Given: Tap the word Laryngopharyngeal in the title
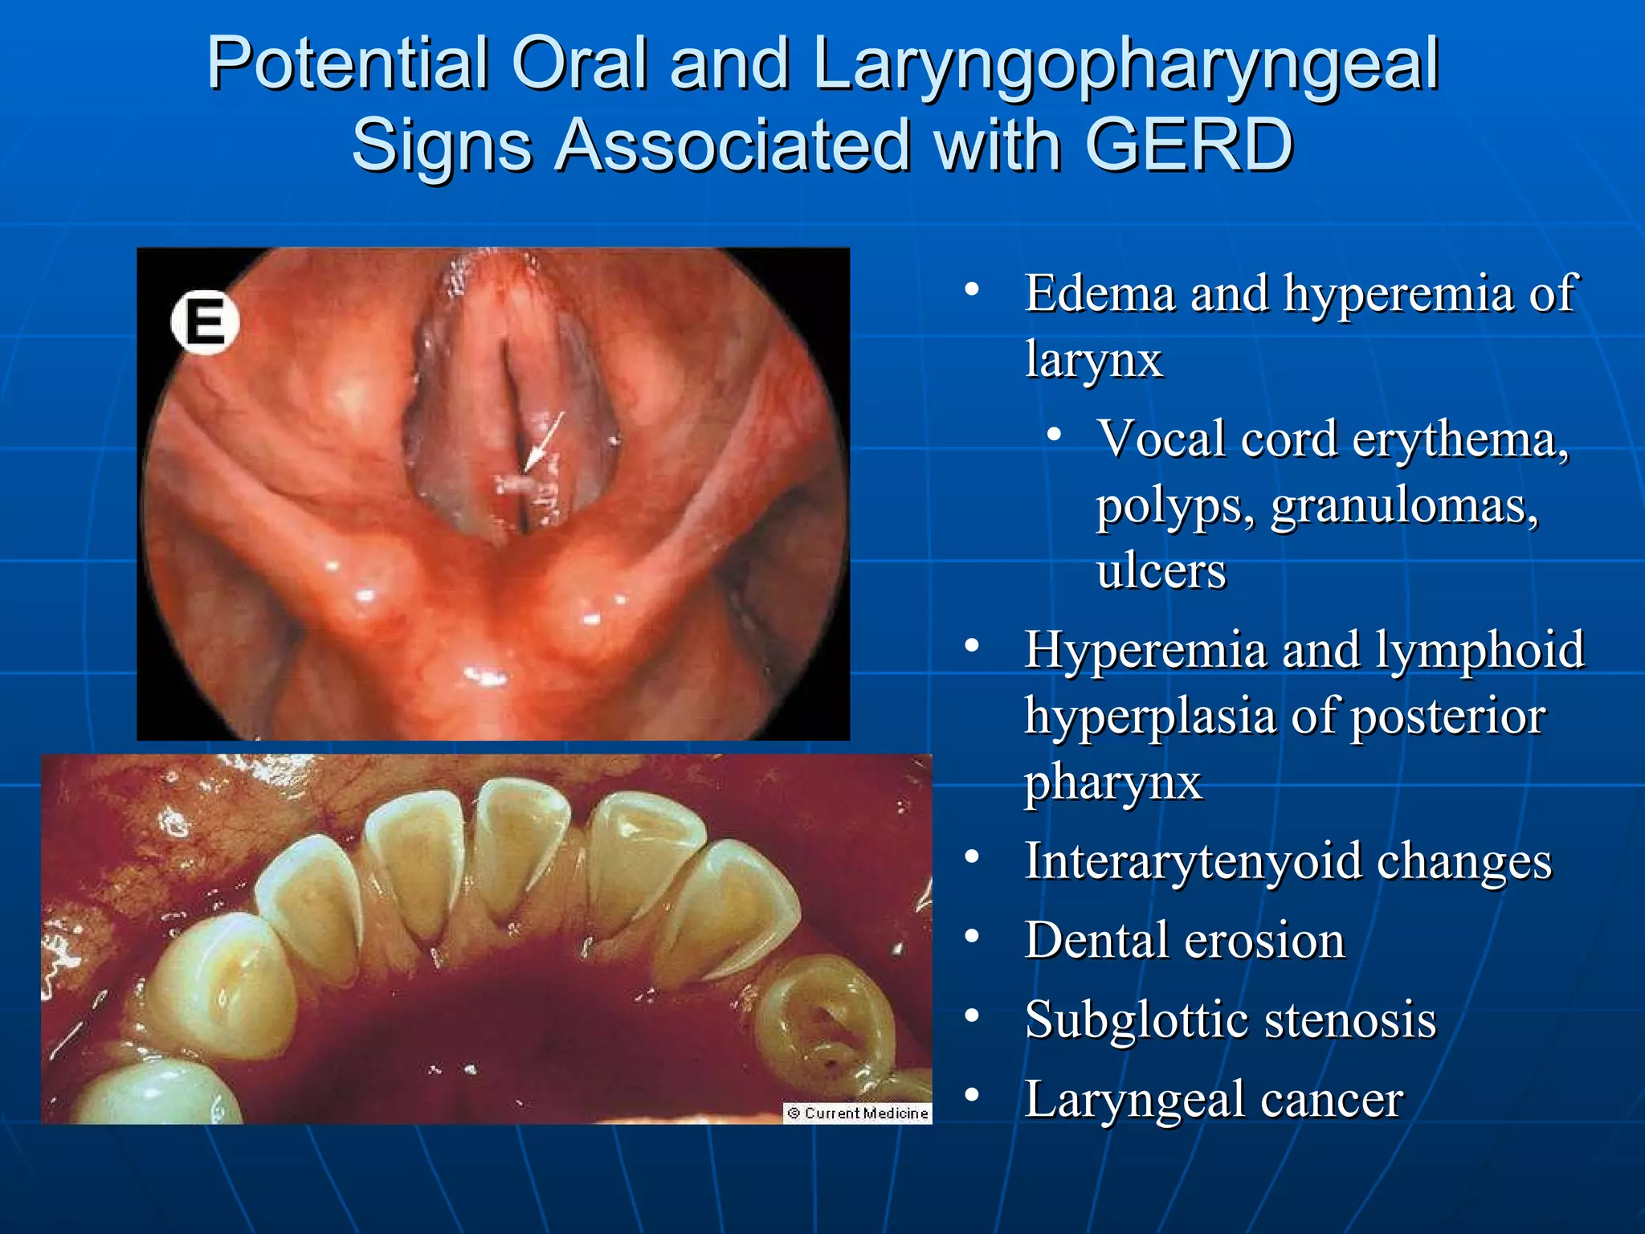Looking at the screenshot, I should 1125,64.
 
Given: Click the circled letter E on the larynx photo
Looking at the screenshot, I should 205,322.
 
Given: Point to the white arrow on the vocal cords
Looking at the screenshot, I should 544,442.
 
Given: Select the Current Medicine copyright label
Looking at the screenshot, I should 857,1113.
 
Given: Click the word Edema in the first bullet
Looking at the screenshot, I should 1100,293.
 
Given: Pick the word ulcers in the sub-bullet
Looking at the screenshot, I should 1161,571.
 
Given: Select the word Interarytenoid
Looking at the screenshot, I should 1193,861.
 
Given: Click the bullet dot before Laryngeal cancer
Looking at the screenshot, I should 973,1095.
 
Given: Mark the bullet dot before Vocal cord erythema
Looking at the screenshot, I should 1055,435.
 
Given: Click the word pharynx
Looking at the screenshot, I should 1112,782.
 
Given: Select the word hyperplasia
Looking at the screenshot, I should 1149,716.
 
